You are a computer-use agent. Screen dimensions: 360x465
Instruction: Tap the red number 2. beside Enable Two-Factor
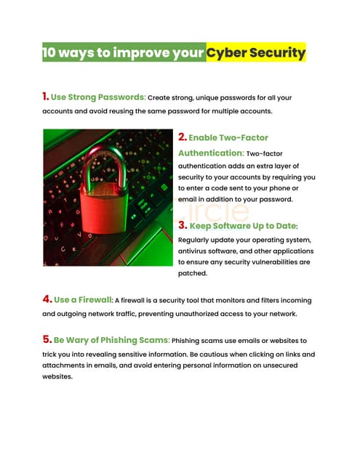pos(183,136)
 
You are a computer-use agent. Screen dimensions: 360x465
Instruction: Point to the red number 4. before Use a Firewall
pos(47,299)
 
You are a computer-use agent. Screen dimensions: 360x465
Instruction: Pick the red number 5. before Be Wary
pos(47,339)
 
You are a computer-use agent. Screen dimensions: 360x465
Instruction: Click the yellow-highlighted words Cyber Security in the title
pos(255,53)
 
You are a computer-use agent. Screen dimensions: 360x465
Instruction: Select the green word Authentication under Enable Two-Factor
pos(210,153)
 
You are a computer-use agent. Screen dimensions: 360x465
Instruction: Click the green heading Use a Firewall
pos(82,299)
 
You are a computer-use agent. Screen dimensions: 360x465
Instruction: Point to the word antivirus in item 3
pos(196,251)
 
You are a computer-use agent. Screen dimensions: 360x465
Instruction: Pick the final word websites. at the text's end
pos(58,377)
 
